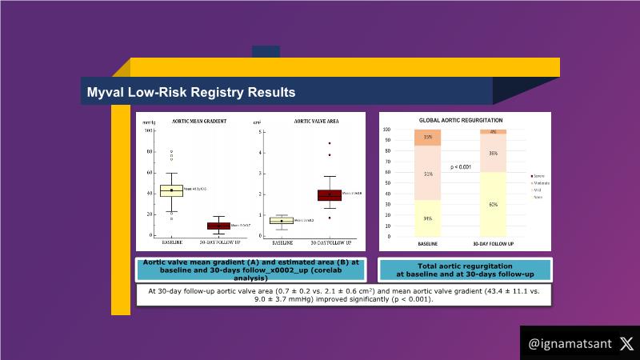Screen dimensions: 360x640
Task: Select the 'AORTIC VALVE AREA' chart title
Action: click(315, 122)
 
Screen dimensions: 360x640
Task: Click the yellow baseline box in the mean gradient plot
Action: click(171, 190)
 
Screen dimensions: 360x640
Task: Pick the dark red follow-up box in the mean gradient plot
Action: click(218, 226)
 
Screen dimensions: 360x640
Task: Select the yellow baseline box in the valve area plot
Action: click(281, 220)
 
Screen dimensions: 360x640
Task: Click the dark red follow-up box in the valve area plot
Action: click(329, 194)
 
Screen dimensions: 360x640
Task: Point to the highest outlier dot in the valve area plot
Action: click(329, 143)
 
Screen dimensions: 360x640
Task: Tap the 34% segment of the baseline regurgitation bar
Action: click(428, 218)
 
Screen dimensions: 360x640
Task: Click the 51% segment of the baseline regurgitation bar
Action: click(428, 173)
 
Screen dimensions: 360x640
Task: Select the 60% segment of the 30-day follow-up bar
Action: click(493, 204)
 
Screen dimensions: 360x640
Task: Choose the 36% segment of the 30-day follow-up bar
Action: click(493, 153)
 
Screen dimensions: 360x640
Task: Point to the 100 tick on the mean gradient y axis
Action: click(148, 130)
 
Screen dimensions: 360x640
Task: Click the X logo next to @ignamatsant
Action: click(626, 344)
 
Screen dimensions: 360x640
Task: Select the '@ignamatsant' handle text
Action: click(570, 344)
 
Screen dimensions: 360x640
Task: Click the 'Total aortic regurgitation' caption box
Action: click(465, 270)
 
